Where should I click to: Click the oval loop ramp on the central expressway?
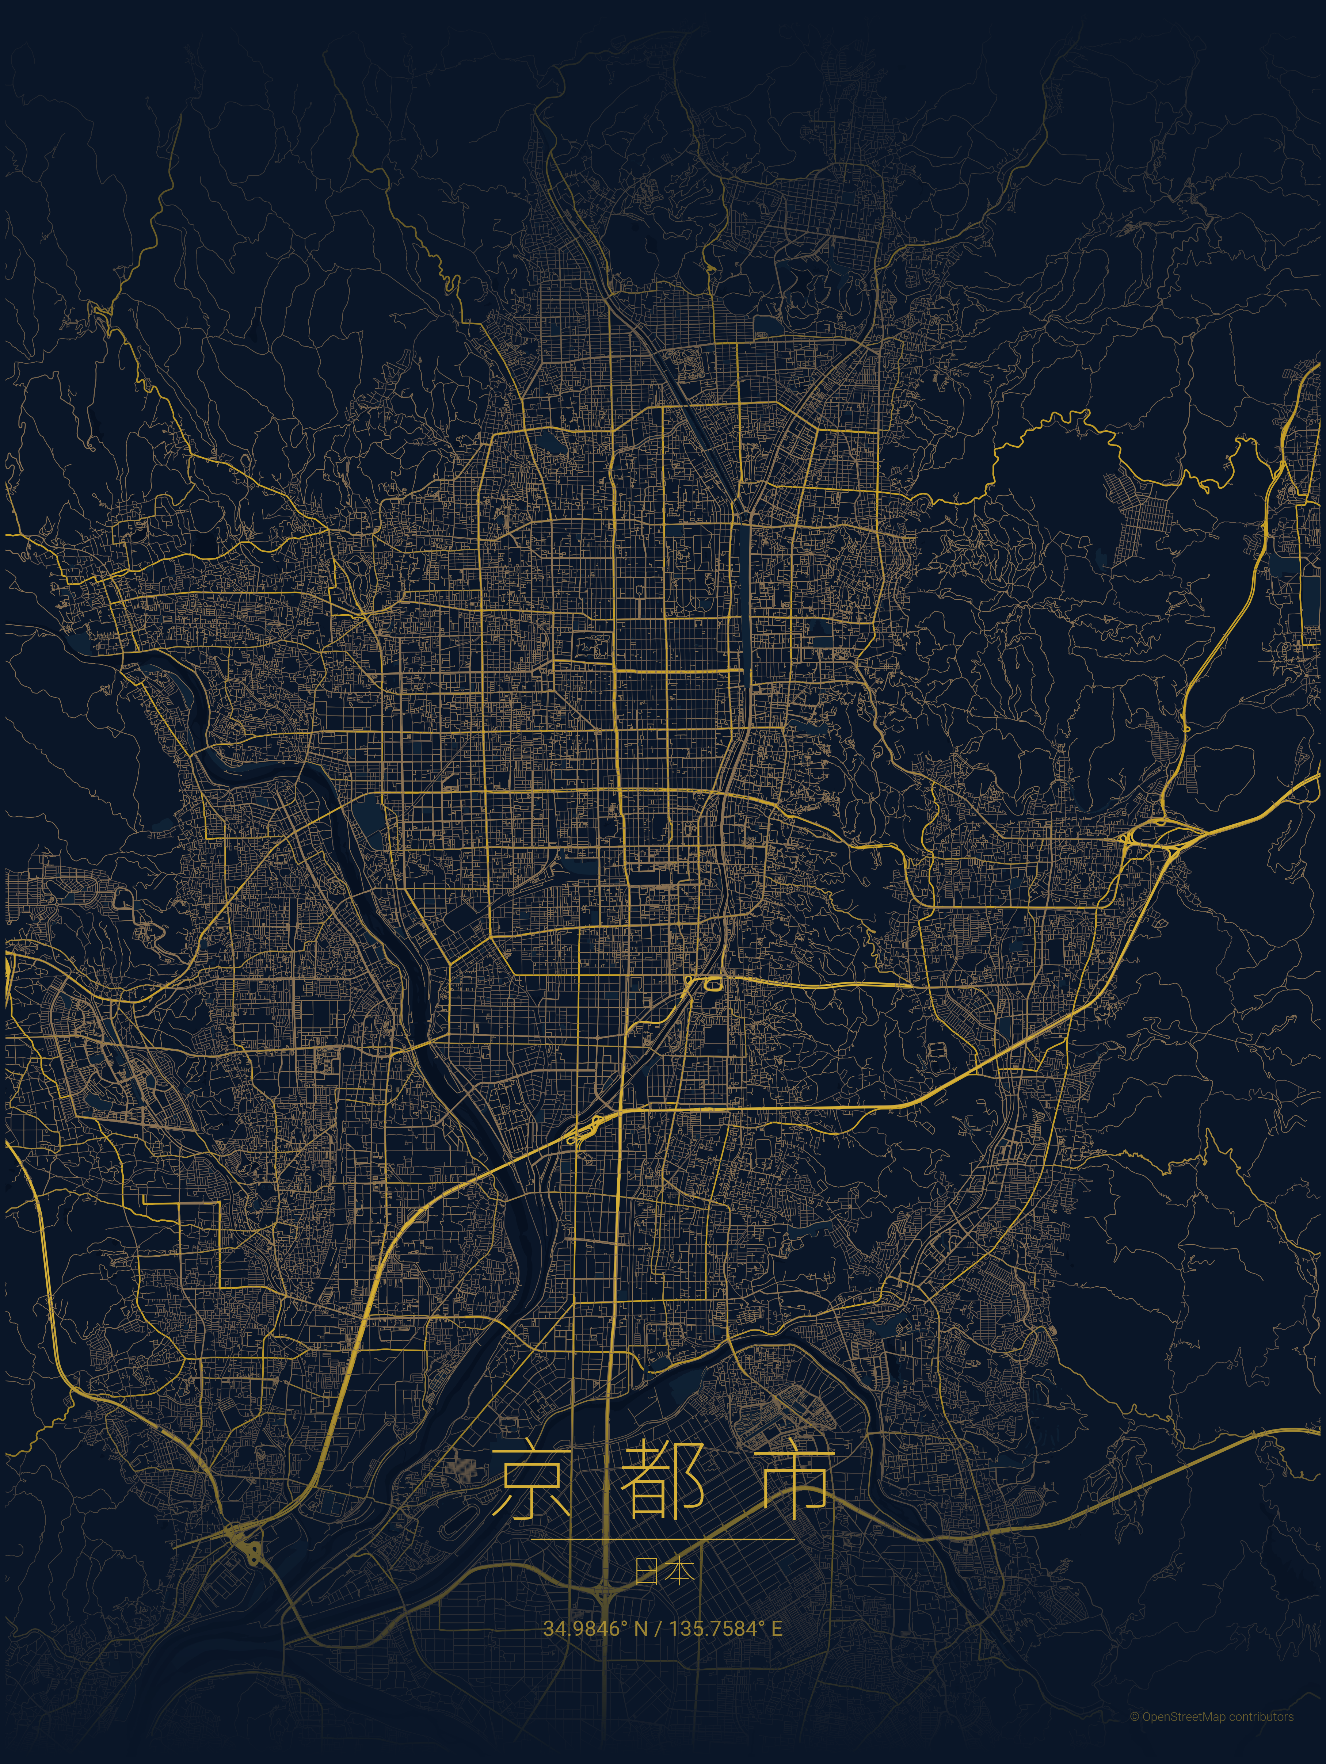pos(712,983)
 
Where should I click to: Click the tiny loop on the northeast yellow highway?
pos(1186,728)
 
